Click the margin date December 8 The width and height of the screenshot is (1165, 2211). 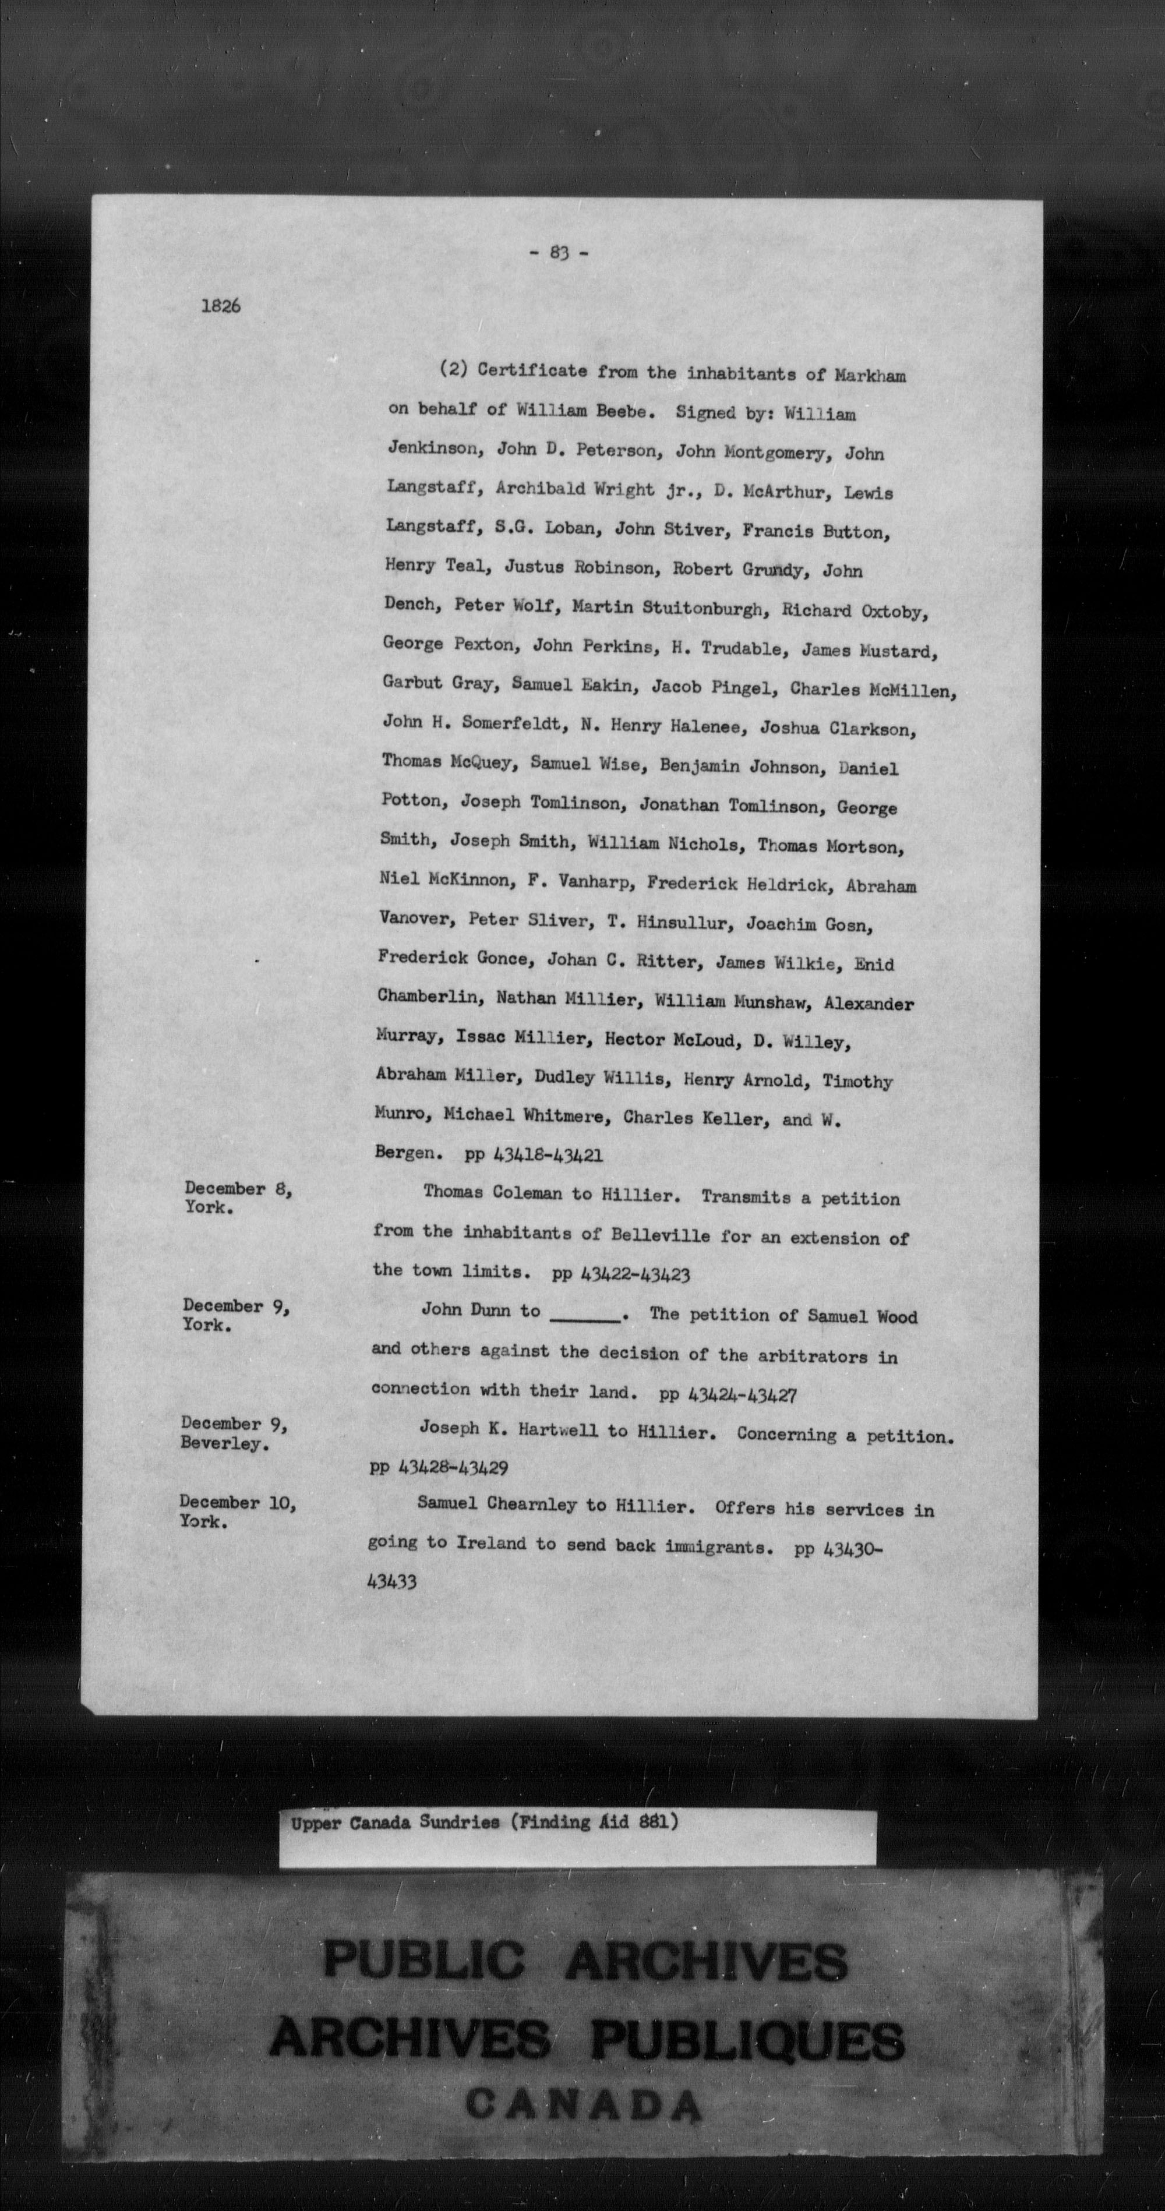(x=238, y=1189)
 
